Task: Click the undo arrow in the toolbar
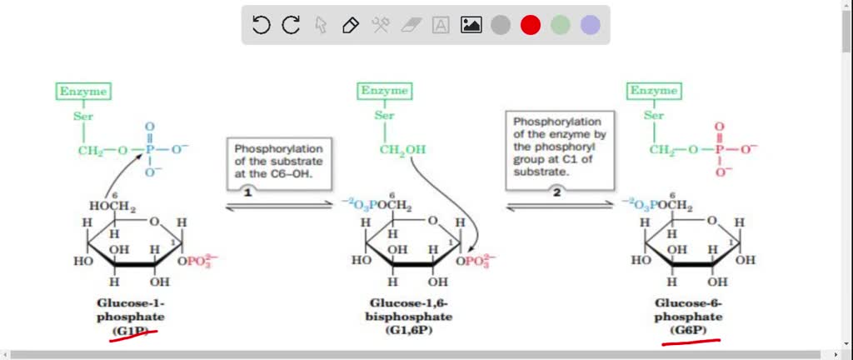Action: (261, 25)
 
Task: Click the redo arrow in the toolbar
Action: (291, 25)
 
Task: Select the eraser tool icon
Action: (411, 25)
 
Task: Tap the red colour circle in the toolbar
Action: (531, 25)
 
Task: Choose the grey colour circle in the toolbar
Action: (501, 25)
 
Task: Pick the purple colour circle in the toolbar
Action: (591, 25)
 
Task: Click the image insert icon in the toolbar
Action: (471, 25)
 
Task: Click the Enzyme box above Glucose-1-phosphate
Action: (82, 91)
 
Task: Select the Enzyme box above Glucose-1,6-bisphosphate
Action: (384, 91)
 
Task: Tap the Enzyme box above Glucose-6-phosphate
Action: (654, 91)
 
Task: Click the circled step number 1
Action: (247, 191)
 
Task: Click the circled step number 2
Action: (556, 190)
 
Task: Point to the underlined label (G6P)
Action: (688, 331)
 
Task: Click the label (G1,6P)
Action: (408, 331)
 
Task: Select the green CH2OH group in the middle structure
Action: (402, 150)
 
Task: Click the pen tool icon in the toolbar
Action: (351, 25)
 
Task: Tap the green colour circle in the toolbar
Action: (561, 25)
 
